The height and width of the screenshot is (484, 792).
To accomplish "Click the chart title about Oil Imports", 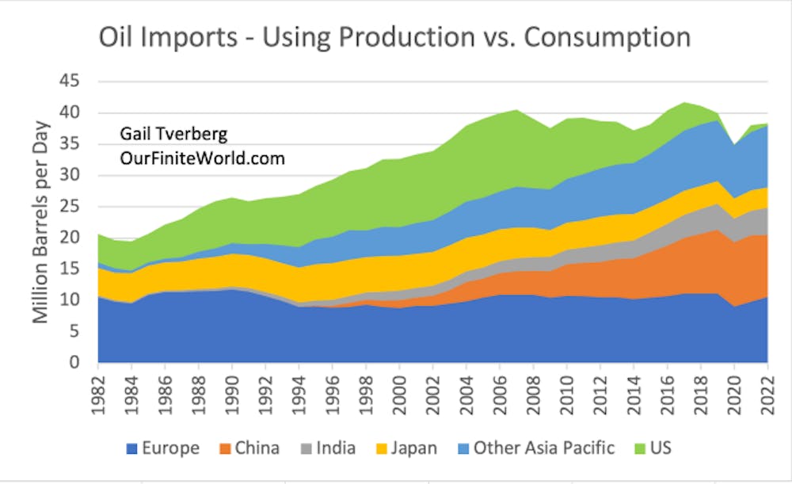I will click(394, 37).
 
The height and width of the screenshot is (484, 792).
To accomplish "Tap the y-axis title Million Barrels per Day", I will click(40, 222).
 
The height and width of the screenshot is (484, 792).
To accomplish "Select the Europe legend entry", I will click(163, 448).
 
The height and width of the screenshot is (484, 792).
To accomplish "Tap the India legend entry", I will click(326, 448).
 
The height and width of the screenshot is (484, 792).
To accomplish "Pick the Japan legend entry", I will click(403, 448).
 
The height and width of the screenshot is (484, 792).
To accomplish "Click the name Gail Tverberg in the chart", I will click(172, 135).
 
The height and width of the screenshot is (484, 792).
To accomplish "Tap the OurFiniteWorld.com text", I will click(202, 158).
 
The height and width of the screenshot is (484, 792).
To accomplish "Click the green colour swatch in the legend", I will click(634, 449).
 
